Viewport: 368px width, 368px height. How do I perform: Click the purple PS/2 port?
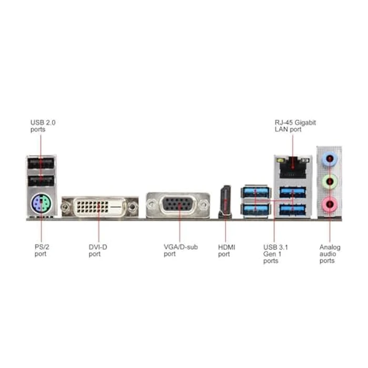point(41,203)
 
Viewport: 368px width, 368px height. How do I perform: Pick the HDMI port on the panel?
point(226,202)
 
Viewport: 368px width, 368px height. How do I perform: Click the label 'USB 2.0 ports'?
point(43,126)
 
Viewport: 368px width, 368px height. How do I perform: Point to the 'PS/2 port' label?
point(38,250)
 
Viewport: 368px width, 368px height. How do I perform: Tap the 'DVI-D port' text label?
point(98,250)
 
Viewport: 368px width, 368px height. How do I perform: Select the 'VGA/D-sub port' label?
point(180,250)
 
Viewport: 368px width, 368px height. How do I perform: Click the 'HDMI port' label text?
point(227,250)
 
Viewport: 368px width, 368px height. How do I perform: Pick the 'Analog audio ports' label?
point(330,253)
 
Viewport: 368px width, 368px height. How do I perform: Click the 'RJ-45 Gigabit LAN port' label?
point(295,126)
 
